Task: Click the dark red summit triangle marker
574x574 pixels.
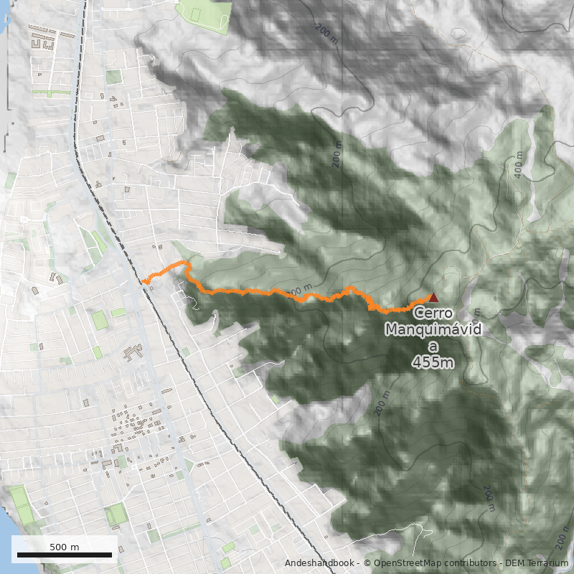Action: click(433, 297)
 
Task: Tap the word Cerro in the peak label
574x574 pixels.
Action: click(433, 313)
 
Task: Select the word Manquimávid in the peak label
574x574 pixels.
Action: click(433, 329)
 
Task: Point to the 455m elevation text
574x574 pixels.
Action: click(433, 362)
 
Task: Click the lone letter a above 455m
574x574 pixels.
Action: click(433, 346)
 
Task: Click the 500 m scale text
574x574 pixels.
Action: click(65, 547)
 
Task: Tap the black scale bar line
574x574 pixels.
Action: click(65, 555)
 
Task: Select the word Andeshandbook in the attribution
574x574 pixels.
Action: click(319, 563)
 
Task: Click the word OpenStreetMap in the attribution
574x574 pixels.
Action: click(406, 563)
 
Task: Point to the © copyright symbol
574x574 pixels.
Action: click(367, 563)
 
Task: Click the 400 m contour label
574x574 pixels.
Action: click(519, 164)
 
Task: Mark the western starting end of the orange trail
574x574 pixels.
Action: click(143, 282)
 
